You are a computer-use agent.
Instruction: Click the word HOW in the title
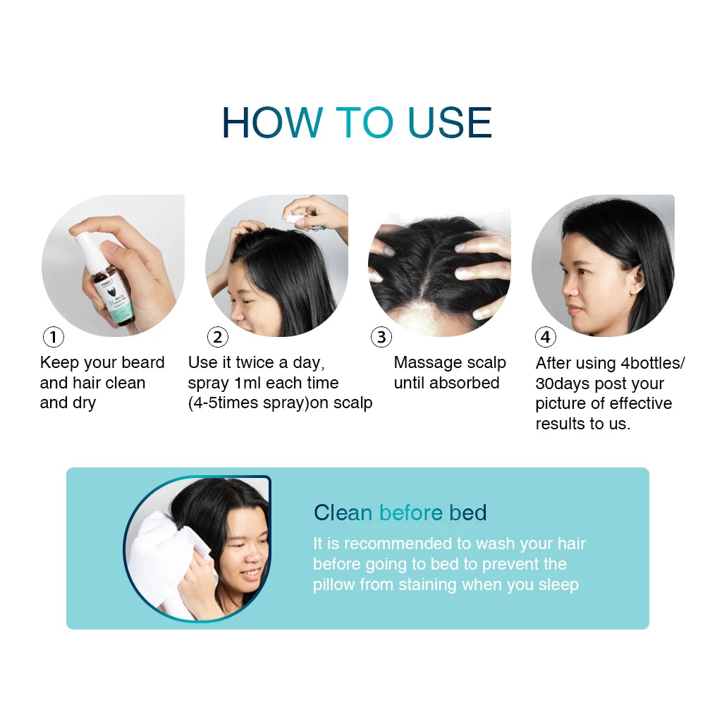pos(272,122)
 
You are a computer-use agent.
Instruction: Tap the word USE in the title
pos(450,122)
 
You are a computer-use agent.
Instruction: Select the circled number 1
pos(54,337)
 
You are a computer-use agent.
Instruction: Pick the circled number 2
pos(218,337)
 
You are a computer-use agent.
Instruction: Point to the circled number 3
pos(381,337)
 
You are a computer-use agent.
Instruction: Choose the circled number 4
pos(546,337)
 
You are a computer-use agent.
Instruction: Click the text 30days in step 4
pos(563,384)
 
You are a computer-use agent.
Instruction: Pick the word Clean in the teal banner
pos(343,513)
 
